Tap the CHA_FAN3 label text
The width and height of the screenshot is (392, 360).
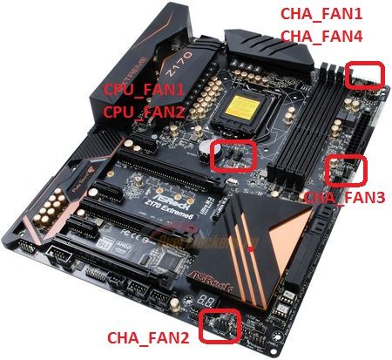[343, 198]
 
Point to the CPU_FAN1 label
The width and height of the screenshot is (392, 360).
[144, 90]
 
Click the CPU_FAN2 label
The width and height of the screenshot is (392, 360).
[144, 112]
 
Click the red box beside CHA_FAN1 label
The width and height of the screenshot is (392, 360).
[364, 75]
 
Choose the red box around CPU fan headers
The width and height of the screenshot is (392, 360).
[233, 154]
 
